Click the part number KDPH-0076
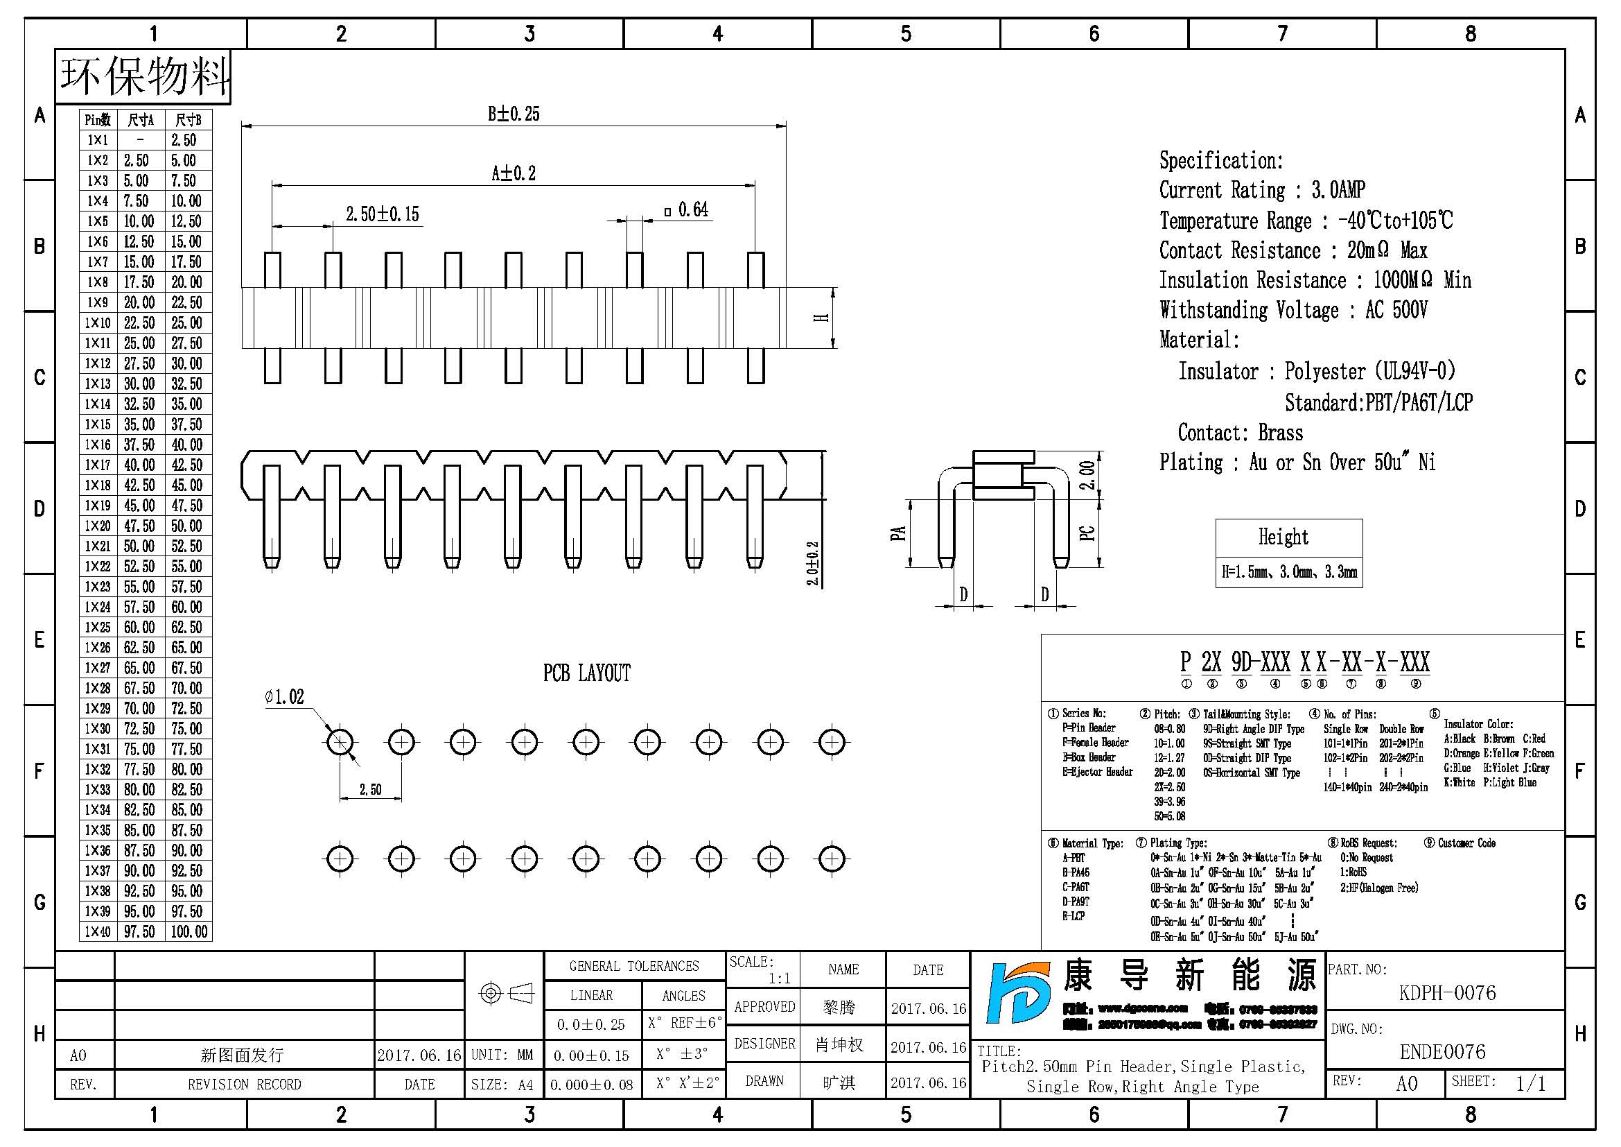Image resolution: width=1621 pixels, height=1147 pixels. click(1446, 992)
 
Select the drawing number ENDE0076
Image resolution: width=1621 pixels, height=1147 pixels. click(1442, 1052)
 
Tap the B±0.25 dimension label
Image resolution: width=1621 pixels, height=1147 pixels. click(514, 114)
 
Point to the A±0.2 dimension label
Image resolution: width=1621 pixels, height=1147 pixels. click(514, 173)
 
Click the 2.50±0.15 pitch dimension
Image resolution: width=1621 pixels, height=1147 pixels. click(382, 214)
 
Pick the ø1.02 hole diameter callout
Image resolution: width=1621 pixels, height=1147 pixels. click(285, 697)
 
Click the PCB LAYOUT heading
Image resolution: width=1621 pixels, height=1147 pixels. click(586, 673)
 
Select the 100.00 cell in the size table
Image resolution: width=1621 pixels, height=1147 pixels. click(189, 931)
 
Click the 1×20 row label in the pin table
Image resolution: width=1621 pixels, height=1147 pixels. click(98, 526)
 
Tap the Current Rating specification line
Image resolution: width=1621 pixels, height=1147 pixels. click(1261, 190)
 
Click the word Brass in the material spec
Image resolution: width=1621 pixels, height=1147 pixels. click(1281, 433)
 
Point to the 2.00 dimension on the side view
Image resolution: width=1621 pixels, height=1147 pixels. click(1088, 474)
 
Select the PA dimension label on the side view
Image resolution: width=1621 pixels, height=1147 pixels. click(898, 533)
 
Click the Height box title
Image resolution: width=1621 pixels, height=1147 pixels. click(1283, 537)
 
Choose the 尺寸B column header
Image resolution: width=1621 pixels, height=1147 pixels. click(188, 120)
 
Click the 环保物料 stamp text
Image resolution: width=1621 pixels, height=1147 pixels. click(144, 76)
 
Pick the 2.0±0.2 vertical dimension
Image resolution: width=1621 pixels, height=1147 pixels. click(813, 563)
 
